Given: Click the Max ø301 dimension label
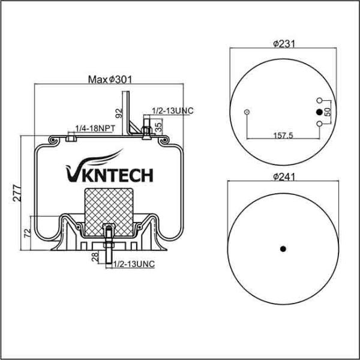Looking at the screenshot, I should [x=110, y=79].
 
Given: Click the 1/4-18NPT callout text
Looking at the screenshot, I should [x=95, y=128].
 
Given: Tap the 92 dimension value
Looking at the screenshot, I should [x=119, y=112].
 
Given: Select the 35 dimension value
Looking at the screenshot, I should [x=158, y=126].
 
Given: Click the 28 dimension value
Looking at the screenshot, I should [x=95, y=257].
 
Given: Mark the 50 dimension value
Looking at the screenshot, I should [x=327, y=112].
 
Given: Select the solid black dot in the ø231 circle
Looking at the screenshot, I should [x=319, y=112].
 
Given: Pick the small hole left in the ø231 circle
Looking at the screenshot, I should [x=247, y=112].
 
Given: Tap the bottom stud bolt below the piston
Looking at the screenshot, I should [x=109, y=246].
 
